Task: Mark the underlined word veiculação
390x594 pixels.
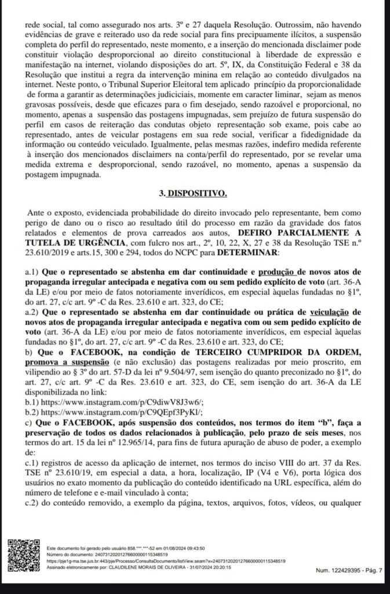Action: click(x=336, y=312)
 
